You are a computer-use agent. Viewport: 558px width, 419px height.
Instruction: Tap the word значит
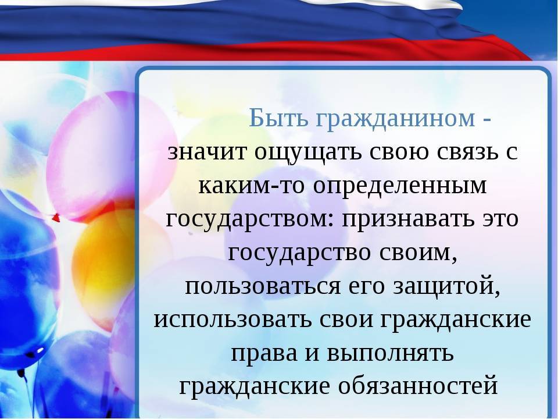click(x=207, y=152)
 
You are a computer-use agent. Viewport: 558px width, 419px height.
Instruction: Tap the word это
click(x=500, y=219)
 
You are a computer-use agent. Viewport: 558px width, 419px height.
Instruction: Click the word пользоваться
click(x=263, y=286)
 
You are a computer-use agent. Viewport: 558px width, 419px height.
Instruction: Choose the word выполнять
click(x=390, y=353)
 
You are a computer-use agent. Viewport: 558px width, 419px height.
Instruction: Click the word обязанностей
click(x=418, y=386)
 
